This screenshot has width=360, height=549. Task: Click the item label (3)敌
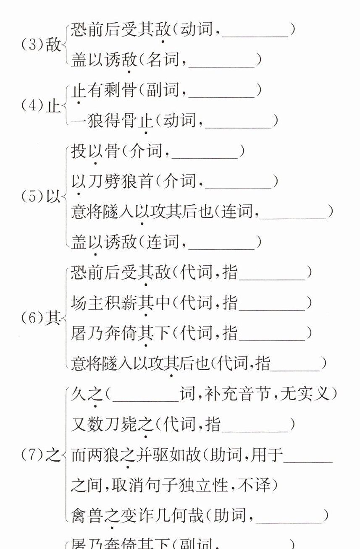point(41,45)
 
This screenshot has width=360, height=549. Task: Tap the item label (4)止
point(41,105)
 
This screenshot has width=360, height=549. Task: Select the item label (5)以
point(41,197)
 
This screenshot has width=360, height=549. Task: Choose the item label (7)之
point(41,455)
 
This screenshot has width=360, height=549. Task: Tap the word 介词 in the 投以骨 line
point(145,152)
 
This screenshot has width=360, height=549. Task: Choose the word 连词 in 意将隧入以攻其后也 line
point(237,212)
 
